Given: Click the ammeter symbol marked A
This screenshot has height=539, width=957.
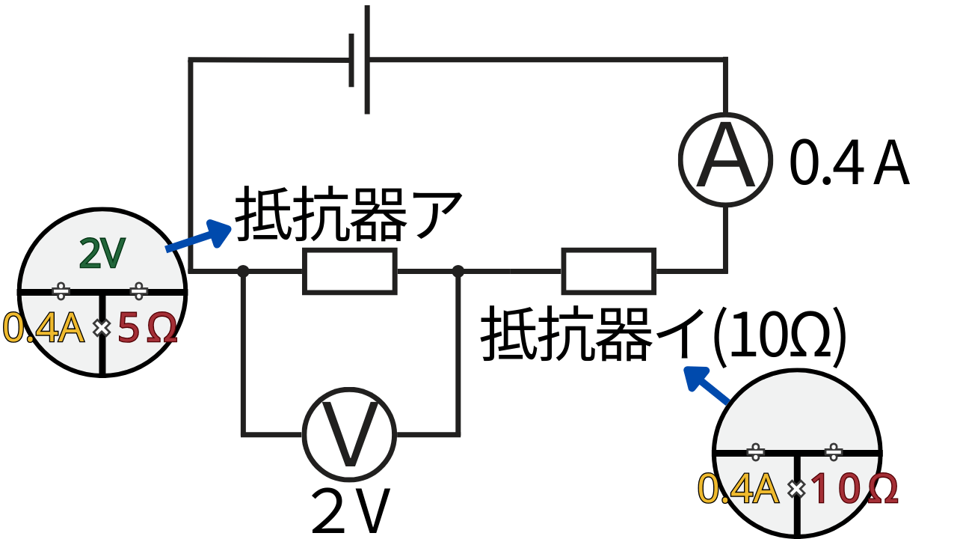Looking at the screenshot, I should [x=724, y=158].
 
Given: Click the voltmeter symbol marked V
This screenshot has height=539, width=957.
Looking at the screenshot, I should [x=349, y=433].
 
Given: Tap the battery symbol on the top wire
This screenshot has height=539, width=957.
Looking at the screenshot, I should [x=360, y=60].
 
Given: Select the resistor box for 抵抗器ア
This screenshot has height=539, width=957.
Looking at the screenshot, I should [x=349, y=271].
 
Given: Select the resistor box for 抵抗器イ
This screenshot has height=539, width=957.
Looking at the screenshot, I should [x=609, y=271].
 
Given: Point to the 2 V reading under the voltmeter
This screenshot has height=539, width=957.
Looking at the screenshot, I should [x=351, y=511].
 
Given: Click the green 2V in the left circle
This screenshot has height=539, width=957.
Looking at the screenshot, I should [x=102, y=255].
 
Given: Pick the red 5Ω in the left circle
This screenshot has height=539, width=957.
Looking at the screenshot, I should [x=147, y=329].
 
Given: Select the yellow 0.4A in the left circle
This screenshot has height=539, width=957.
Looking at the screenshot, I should [x=45, y=328].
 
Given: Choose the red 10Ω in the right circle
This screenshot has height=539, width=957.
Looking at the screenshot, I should [x=852, y=490].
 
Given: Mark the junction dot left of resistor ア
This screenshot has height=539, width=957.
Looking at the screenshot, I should [x=243, y=271].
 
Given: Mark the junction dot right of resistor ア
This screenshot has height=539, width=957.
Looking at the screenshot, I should [x=458, y=271].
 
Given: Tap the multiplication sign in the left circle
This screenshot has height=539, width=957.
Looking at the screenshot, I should [x=100, y=328].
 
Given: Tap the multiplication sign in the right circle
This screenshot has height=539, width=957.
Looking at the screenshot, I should [x=796, y=490].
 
